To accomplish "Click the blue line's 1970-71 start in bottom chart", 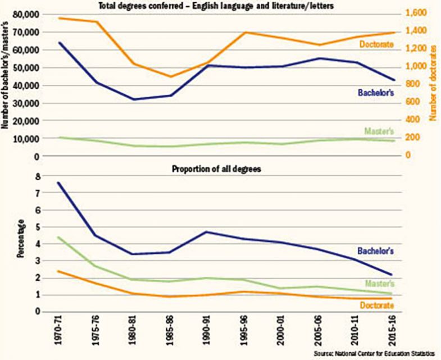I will tap(59, 183).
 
